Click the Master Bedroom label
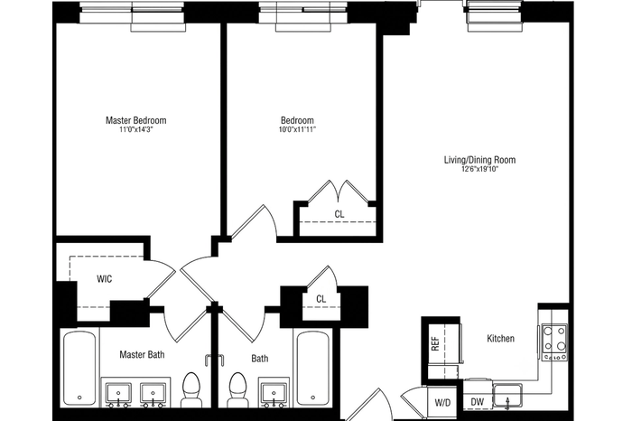(135, 120)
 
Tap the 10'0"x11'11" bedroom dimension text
(297, 129)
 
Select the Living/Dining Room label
(479, 160)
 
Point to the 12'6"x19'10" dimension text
(479, 169)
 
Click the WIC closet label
(105, 278)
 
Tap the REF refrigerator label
(435, 343)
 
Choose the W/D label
(442, 402)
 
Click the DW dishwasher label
(478, 402)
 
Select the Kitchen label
(500, 338)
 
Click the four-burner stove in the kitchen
(554, 342)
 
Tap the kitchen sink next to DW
(507, 396)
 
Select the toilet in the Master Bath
(191, 389)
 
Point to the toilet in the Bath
(237, 389)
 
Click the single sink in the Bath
(274, 393)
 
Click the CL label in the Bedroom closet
(339, 214)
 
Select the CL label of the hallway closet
(321, 299)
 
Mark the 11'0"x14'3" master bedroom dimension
(136, 129)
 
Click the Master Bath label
(142, 354)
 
